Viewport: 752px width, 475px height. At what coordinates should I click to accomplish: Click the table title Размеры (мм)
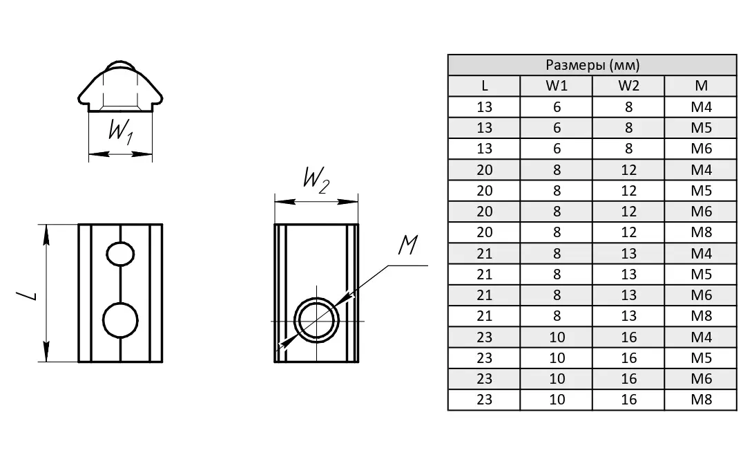coord(592,66)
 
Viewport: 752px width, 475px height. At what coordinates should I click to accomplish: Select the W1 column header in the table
coord(557,86)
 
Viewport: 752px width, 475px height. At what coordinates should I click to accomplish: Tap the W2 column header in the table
coord(628,86)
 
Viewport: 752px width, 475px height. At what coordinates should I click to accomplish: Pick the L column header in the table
coord(485,86)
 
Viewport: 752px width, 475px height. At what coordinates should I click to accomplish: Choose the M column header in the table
coord(701,86)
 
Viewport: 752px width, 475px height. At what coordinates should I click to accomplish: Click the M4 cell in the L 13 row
coord(701,107)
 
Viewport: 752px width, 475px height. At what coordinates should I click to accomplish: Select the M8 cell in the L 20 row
coord(701,233)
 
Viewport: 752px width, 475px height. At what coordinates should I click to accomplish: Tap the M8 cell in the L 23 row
coord(701,400)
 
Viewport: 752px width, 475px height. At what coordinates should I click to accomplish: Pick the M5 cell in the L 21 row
coord(701,274)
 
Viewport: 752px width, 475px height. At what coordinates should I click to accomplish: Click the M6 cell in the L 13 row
coord(701,149)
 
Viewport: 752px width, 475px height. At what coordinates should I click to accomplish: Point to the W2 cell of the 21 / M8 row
coord(628,317)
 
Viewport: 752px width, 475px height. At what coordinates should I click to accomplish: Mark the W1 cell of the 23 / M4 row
coord(557,337)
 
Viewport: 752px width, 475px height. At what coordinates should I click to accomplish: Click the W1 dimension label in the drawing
coord(120,131)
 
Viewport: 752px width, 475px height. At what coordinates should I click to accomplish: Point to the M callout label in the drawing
coord(407,244)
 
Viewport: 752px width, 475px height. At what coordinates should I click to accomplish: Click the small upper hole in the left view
coord(120,254)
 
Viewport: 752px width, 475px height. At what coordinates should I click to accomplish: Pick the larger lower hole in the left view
coord(120,320)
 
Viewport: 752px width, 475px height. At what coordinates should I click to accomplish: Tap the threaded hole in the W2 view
coord(317,321)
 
